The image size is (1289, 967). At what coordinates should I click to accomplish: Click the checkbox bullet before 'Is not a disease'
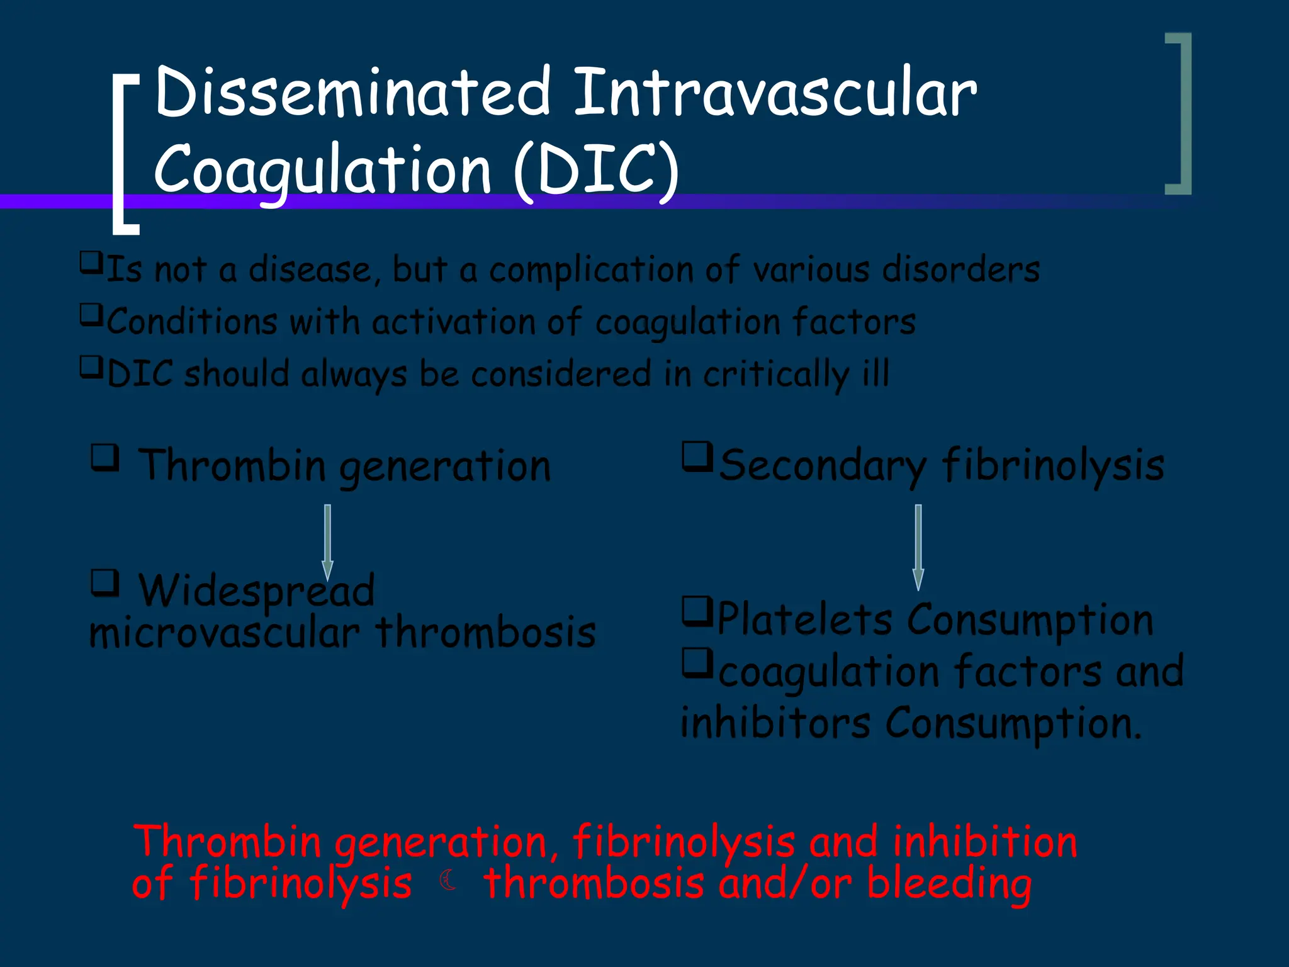tap(91, 262)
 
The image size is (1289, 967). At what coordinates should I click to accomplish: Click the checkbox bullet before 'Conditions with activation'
tap(91, 314)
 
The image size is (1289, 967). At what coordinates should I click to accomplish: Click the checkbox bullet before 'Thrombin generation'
tap(105, 458)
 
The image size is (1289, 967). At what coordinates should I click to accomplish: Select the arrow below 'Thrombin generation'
tap(327, 541)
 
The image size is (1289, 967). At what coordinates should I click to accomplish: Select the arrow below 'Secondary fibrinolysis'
tap(918, 546)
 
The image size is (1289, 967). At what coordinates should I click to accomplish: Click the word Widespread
tap(256, 592)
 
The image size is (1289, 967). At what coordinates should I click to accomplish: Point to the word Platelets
tap(805, 619)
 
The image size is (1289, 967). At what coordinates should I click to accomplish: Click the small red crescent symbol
tap(448, 879)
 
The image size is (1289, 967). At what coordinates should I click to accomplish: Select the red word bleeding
tap(949, 883)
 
